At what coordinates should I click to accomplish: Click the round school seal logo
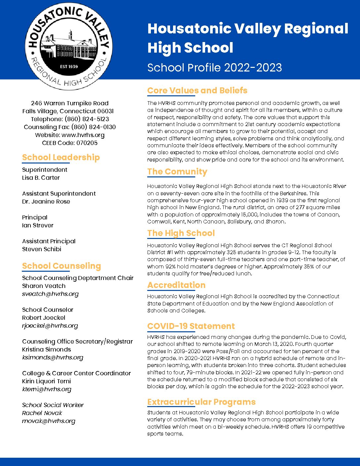click(x=69, y=46)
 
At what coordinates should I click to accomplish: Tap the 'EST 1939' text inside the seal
click(x=69, y=67)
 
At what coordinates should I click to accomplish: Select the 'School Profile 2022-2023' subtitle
click(x=214, y=68)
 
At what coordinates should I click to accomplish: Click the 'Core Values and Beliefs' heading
click(x=197, y=90)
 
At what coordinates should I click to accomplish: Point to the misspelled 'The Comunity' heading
click(x=177, y=171)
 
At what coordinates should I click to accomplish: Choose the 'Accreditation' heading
click(x=176, y=285)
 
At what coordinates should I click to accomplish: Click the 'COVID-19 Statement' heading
click(x=191, y=326)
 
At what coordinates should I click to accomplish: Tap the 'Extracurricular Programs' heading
click(x=201, y=402)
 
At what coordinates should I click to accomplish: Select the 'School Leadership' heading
click(x=61, y=157)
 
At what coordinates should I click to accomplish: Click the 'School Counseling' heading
click(x=62, y=266)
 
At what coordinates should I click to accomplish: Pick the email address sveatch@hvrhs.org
click(x=50, y=294)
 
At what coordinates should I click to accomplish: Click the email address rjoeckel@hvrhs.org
click(x=50, y=326)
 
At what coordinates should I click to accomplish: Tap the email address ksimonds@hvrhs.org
click(x=53, y=357)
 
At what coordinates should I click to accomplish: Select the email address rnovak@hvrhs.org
click(x=49, y=421)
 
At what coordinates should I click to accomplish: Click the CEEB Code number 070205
click(x=87, y=143)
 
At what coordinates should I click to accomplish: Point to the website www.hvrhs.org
click(x=83, y=135)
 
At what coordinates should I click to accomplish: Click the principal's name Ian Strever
click(x=38, y=225)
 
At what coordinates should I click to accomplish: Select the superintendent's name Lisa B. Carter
click(x=41, y=178)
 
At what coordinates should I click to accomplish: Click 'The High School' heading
click(x=181, y=233)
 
